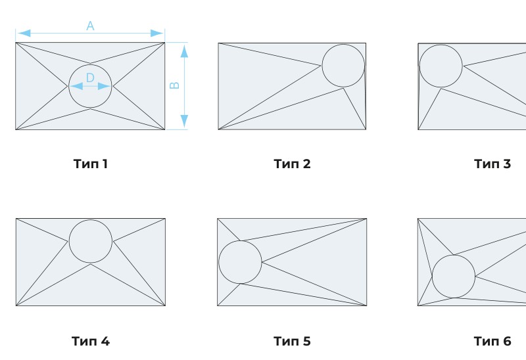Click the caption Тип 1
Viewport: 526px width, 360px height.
[x=91, y=164]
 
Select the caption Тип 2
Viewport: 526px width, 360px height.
[x=292, y=164]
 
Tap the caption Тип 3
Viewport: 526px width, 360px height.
[x=492, y=164]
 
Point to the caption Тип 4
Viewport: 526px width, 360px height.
[x=91, y=341]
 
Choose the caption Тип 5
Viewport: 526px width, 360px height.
[x=292, y=341]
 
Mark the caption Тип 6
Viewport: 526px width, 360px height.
[x=492, y=341]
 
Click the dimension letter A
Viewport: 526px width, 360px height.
[x=90, y=26]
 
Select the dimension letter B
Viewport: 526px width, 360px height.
[x=175, y=85]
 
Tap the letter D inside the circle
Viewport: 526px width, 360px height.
[x=90, y=78]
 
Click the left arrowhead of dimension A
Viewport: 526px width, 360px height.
[x=24, y=34]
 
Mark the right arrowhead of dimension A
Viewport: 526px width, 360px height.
[x=157, y=34]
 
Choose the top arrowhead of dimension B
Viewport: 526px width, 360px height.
[x=184, y=51]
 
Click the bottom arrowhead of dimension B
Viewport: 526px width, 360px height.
[x=184, y=121]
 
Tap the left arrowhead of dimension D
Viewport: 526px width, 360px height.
[x=76, y=86]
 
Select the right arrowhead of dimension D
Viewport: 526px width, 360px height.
[x=104, y=86]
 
